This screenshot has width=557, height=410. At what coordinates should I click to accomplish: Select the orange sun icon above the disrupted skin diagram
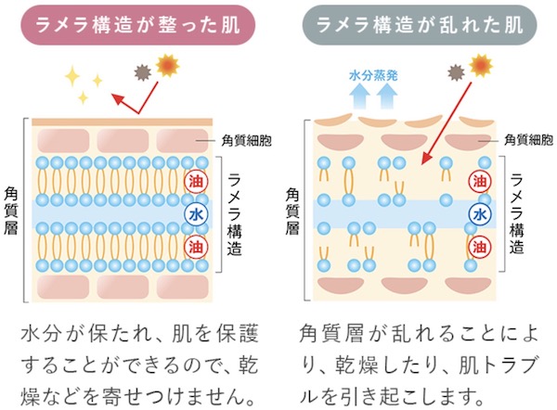coord(480,64)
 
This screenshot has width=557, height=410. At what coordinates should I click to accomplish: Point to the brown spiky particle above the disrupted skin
coord(455,69)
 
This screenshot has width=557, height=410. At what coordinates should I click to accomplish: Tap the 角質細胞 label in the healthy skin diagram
coord(246,140)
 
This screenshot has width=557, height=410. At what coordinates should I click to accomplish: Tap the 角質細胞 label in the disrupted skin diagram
coord(528,140)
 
